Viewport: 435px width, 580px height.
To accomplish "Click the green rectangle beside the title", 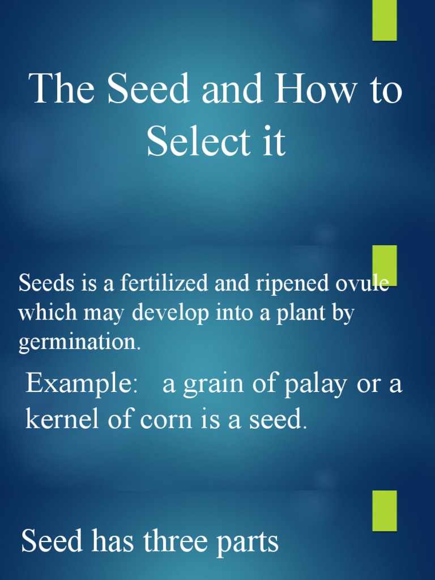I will [x=385, y=20].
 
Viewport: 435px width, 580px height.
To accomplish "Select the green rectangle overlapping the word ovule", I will [x=385, y=266].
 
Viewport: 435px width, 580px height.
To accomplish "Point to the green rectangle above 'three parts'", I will [x=385, y=510].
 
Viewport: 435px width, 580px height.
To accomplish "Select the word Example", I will [x=78, y=385].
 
